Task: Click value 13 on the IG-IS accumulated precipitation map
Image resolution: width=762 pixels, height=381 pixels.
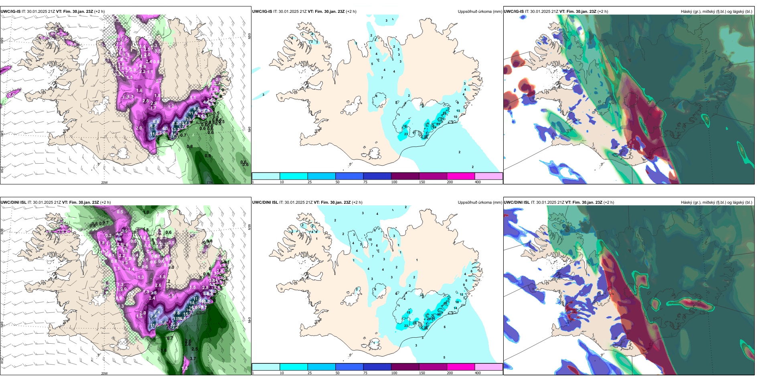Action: tap(458, 111)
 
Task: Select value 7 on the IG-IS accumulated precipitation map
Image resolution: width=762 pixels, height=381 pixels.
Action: tap(382, 78)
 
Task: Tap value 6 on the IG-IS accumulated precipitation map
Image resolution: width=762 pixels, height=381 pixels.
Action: tap(376, 96)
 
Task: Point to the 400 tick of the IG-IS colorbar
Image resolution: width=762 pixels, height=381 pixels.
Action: tap(478, 182)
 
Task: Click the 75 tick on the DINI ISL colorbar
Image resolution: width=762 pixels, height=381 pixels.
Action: tap(365, 373)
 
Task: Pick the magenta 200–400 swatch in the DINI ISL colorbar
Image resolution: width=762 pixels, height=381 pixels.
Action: tap(461, 367)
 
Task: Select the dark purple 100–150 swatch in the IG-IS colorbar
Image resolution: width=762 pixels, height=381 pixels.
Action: tap(405, 176)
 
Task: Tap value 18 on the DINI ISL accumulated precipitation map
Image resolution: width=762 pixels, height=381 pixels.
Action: tap(457, 302)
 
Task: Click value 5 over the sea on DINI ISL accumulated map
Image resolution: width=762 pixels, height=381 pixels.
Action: tap(444, 357)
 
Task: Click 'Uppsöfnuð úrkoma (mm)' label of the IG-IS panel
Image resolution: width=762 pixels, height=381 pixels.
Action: tap(480, 12)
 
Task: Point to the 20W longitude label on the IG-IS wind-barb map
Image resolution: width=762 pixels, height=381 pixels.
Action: tap(104, 182)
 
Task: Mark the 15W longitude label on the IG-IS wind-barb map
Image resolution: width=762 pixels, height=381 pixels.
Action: tap(209, 182)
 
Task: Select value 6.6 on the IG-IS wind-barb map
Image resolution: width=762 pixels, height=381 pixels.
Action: tap(156, 122)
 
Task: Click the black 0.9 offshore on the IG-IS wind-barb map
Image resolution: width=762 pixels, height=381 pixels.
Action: tap(208, 156)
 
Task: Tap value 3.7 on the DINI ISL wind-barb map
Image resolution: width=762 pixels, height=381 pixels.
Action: tap(193, 359)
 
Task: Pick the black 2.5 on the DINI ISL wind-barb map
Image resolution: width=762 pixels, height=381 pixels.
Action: tap(195, 349)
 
